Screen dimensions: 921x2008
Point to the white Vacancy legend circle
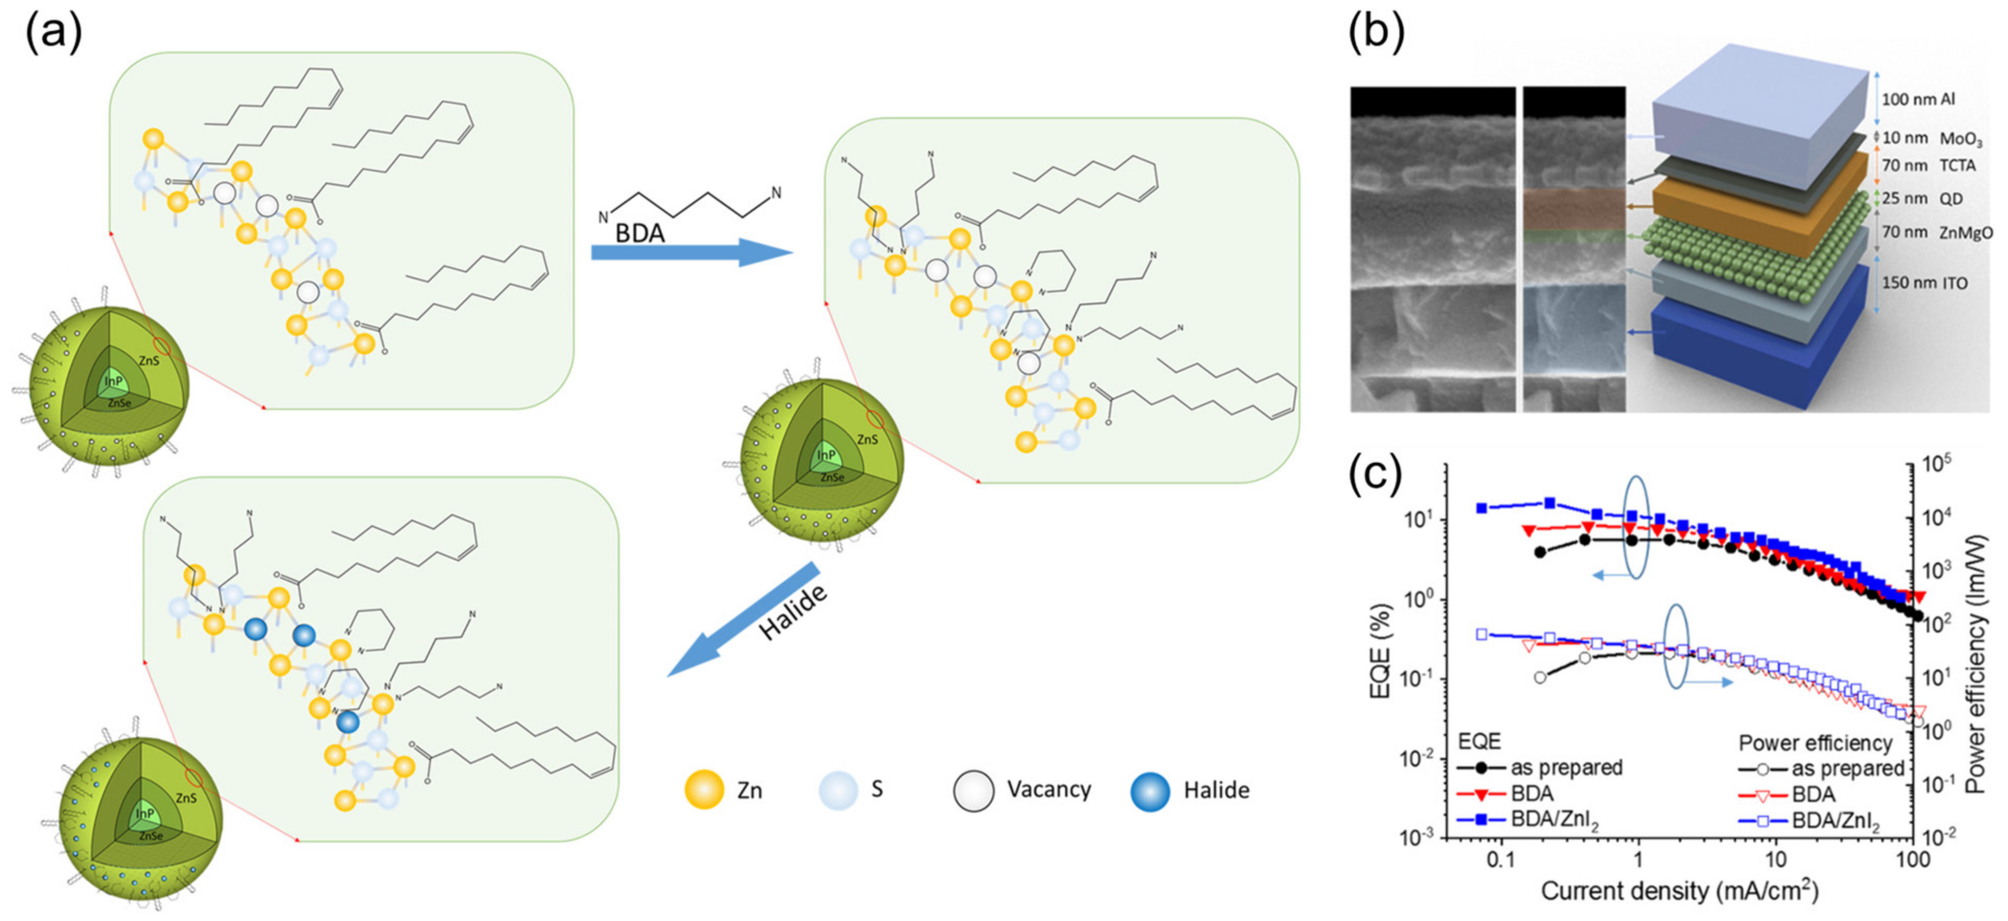click(973, 791)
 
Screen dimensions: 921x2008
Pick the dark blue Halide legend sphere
click(1150, 791)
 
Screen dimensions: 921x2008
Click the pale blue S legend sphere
click(838, 790)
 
